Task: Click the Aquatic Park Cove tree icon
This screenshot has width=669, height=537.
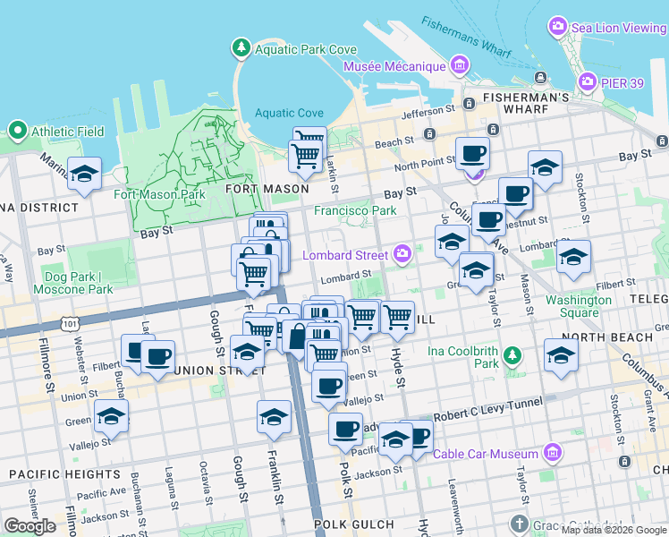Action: (241, 47)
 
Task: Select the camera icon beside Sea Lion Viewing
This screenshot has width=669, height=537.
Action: (559, 27)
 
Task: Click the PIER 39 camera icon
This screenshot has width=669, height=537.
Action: (587, 82)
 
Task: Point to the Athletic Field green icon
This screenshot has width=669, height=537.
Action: (17, 132)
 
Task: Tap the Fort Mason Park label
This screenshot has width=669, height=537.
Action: (159, 194)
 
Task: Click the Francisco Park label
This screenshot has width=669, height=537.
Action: (354, 211)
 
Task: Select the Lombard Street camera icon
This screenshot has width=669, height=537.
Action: (402, 254)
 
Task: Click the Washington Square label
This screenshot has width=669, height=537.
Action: (579, 306)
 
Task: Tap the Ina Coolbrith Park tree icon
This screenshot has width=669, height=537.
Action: (512, 357)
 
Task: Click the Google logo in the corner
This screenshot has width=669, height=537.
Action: (30, 526)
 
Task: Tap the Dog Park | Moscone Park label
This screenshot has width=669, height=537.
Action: (79, 283)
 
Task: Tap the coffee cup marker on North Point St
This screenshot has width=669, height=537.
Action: (472, 153)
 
